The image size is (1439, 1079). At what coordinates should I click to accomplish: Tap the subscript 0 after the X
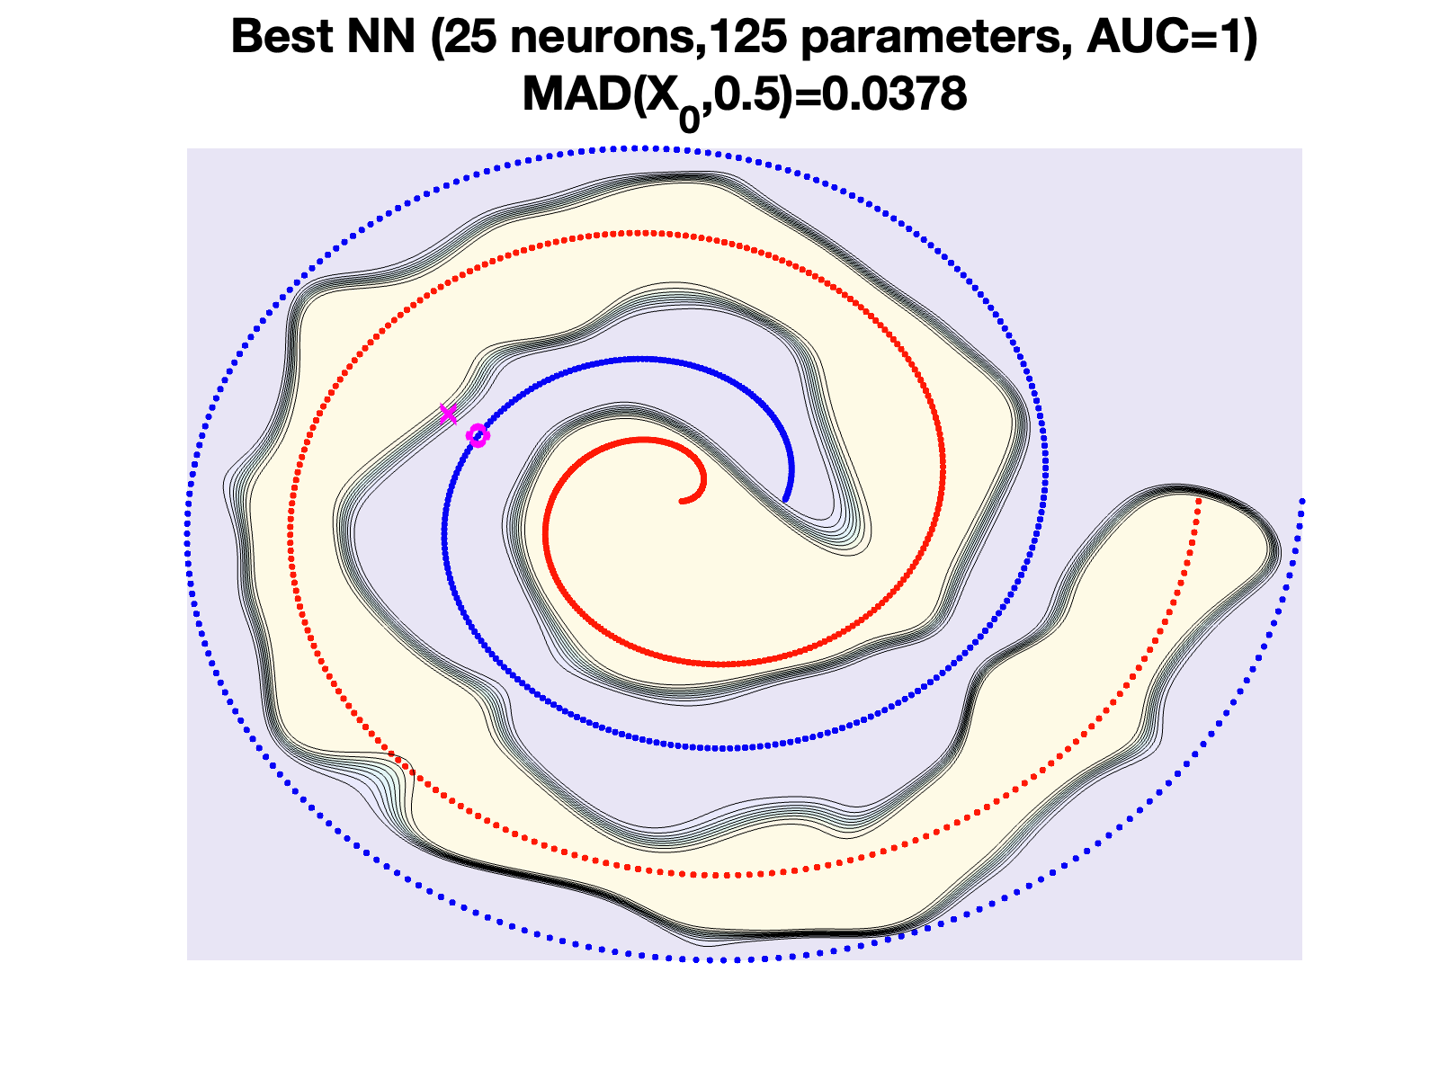(x=690, y=117)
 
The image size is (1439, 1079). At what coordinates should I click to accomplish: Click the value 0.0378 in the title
(x=895, y=94)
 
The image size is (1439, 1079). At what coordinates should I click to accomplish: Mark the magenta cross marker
(x=448, y=414)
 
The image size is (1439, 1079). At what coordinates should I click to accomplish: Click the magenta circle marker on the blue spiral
(x=478, y=436)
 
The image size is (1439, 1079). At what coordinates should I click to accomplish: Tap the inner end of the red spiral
(x=683, y=500)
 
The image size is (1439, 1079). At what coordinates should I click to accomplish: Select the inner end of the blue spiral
(x=785, y=499)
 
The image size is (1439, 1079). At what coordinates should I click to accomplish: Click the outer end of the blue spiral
(x=1301, y=500)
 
